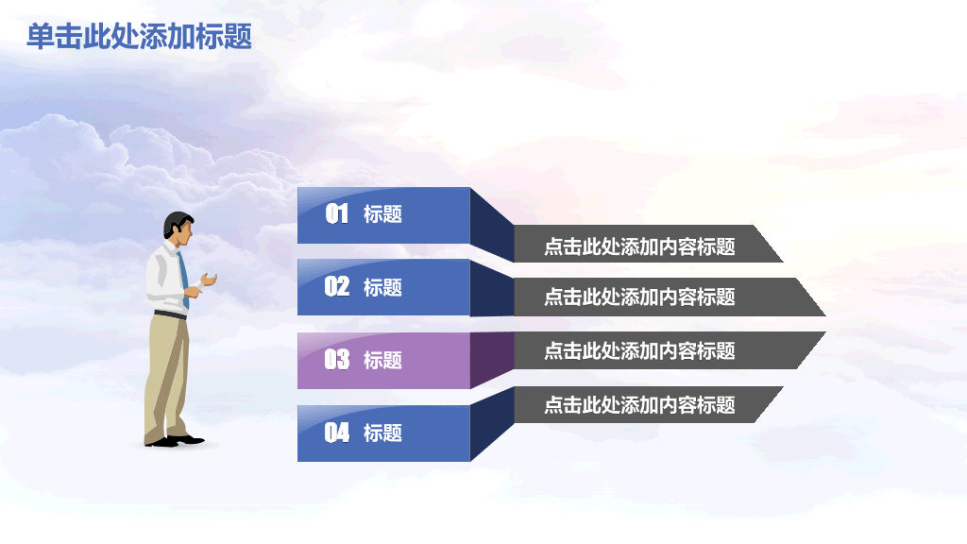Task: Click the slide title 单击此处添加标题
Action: [x=139, y=37]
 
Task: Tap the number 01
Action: [x=337, y=214]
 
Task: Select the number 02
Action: [x=337, y=287]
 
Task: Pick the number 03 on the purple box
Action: [x=337, y=360]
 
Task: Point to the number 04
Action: [x=337, y=433]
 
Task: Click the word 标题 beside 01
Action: [x=382, y=214]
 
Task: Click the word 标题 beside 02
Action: [x=382, y=287]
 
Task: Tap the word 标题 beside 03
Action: [x=382, y=360]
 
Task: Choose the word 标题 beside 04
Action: [x=382, y=433]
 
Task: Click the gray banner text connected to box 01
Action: [x=639, y=247]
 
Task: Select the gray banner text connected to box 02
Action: [x=639, y=297]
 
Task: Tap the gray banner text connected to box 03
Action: [x=639, y=350]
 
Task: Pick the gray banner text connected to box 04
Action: [x=639, y=405]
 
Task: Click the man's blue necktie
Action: [x=183, y=274]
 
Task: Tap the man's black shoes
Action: [x=176, y=440]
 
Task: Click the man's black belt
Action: [x=170, y=314]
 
